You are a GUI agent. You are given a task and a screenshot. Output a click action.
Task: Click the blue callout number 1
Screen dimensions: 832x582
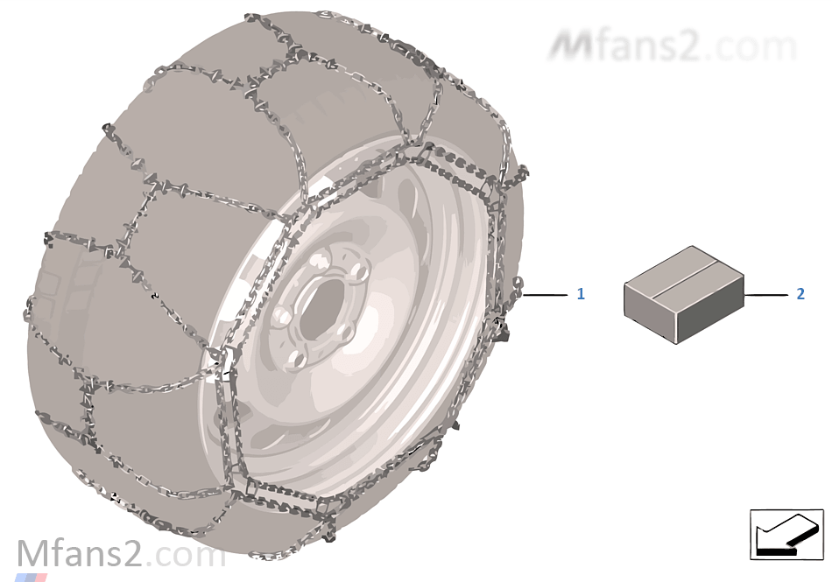(581, 294)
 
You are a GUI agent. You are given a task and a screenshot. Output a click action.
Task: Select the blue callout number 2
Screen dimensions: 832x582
(800, 294)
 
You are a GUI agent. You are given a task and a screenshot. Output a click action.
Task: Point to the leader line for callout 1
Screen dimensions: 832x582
(545, 294)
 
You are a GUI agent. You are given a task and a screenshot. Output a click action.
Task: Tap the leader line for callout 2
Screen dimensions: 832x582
(765, 294)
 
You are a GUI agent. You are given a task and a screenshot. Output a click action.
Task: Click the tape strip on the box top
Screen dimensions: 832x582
(684, 279)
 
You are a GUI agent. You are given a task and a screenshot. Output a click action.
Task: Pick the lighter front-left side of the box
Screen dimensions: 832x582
(651, 312)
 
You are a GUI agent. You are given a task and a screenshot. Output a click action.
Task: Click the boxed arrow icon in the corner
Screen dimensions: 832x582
(786, 534)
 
